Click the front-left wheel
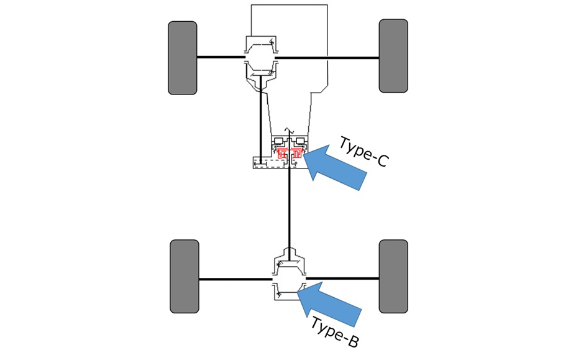[182, 58]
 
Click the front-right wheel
[393, 56]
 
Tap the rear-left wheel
[185, 277]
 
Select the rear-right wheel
[393, 277]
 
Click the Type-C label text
[363, 152]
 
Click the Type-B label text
[335, 331]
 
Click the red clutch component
[290, 153]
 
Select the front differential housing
[260, 59]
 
